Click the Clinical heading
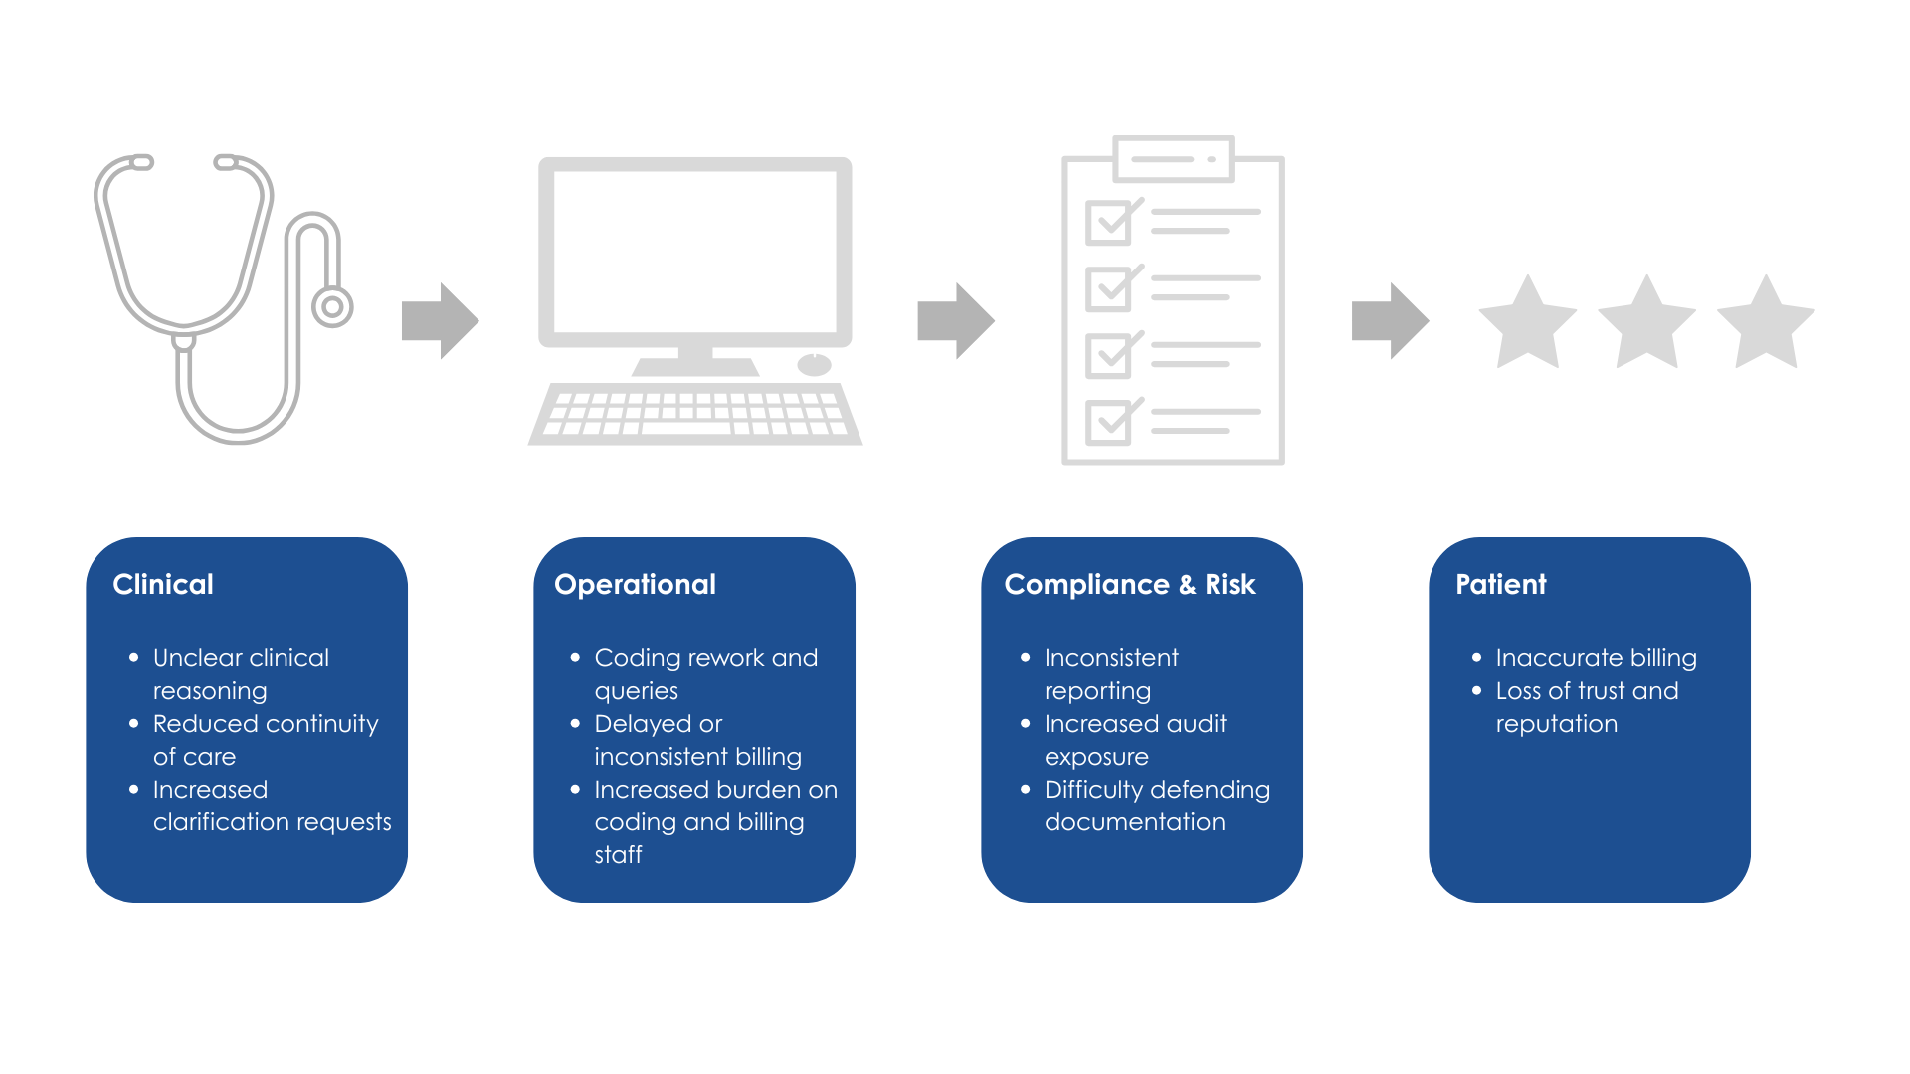coord(163,584)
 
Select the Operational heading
coord(635,584)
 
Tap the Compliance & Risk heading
coord(1130,584)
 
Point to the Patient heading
coord(1500,584)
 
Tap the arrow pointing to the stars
coord(1390,320)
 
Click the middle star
coord(1646,324)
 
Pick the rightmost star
coord(1766,324)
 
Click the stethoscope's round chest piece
coord(332,307)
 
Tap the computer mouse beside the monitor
coord(814,364)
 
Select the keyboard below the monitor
coord(694,413)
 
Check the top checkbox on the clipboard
coord(1108,223)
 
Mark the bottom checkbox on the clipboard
coord(1108,422)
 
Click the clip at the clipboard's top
coord(1174,159)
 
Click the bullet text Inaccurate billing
coord(1596,658)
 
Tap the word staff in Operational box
coord(618,855)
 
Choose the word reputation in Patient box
coord(1556,724)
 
